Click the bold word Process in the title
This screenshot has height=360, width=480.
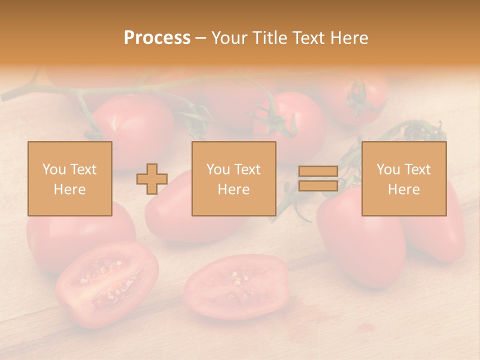click(157, 38)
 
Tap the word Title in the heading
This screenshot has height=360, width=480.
click(268, 38)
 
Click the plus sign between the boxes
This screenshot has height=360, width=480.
click(152, 179)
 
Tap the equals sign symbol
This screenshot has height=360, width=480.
click(318, 178)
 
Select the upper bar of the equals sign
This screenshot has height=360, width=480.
click(318, 171)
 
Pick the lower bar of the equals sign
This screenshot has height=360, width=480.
click(318, 185)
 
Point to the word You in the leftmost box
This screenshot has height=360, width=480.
click(53, 169)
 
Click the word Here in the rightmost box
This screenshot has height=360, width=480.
click(404, 189)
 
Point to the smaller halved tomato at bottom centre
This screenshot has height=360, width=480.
click(236, 286)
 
